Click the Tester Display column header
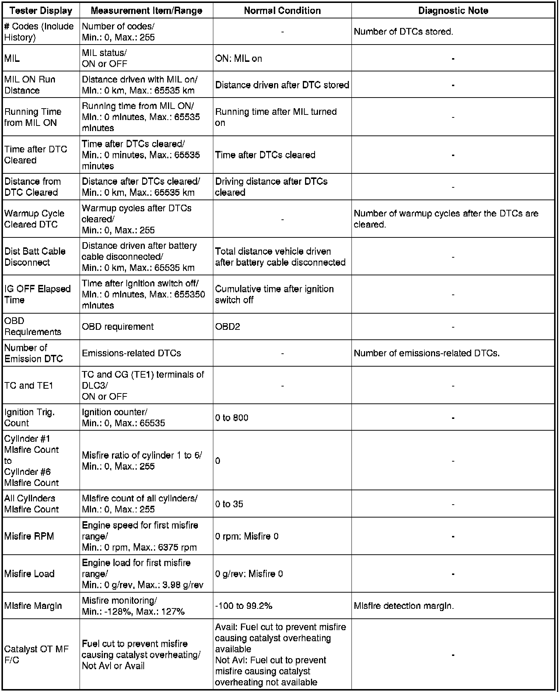(x=41, y=11)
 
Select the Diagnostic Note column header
(x=453, y=11)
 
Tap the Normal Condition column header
(x=282, y=11)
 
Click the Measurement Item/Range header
(x=146, y=11)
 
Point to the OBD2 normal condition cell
(x=228, y=326)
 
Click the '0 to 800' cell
(x=232, y=417)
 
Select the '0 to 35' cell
(x=229, y=504)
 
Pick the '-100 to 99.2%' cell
(x=244, y=605)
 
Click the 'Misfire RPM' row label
(x=29, y=536)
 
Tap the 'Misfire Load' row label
(x=29, y=573)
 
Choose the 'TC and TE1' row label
(x=29, y=385)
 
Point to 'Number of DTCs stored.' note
(x=403, y=32)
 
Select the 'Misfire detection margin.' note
(x=404, y=605)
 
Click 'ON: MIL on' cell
(x=238, y=59)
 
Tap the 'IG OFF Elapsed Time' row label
(x=37, y=294)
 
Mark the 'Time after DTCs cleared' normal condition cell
(x=265, y=155)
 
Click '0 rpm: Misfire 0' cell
(x=247, y=536)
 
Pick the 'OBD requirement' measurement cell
(x=118, y=326)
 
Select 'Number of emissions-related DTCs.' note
(x=427, y=353)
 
